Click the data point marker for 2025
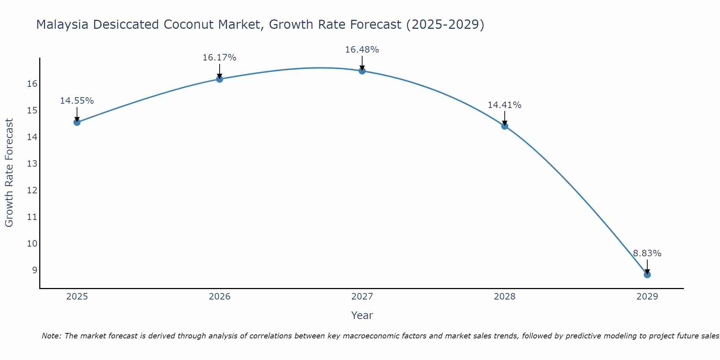tap(77, 122)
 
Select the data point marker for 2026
tap(220, 79)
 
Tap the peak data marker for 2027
tap(362, 71)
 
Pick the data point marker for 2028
tap(505, 126)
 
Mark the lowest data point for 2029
tap(647, 275)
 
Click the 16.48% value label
tap(362, 50)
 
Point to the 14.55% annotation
tap(77, 101)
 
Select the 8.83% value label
tap(647, 253)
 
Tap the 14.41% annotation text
tap(504, 105)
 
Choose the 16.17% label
tap(219, 58)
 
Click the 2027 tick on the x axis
tap(362, 297)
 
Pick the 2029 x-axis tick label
tap(647, 297)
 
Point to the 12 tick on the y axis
tap(32, 190)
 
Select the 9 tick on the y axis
tap(35, 270)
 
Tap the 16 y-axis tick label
tap(32, 84)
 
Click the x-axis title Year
tap(362, 315)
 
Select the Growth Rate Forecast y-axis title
tap(9, 173)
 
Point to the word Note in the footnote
tap(51, 336)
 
